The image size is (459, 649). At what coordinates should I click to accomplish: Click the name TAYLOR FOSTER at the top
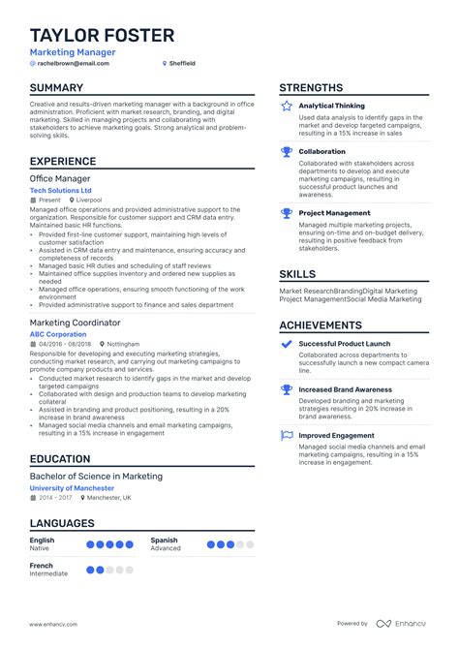pyautogui.click(x=102, y=36)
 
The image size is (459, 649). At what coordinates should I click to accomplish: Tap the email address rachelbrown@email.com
pyautogui.click(x=73, y=63)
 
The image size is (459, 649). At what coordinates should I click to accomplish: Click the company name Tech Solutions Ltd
pyautogui.click(x=64, y=190)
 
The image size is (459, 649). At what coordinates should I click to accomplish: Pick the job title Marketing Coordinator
pyautogui.click(x=75, y=322)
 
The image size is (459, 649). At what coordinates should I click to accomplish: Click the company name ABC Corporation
pyautogui.click(x=58, y=334)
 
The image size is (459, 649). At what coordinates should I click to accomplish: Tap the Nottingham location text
pyautogui.click(x=123, y=344)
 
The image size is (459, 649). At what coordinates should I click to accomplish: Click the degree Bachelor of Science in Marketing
pyautogui.click(x=96, y=476)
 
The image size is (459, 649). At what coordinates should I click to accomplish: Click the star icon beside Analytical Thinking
pyautogui.click(x=287, y=106)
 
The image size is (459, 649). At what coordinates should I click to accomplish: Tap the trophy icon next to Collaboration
pyautogui.click(x=287, y=152)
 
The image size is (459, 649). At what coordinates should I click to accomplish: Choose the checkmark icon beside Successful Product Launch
pyautogui.click(x=287, y=344)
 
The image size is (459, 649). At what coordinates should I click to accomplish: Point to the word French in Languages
pyautogui.click(x=42, y=566)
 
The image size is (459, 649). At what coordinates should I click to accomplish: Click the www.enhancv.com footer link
pyautogui.click(x=53, y=624)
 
